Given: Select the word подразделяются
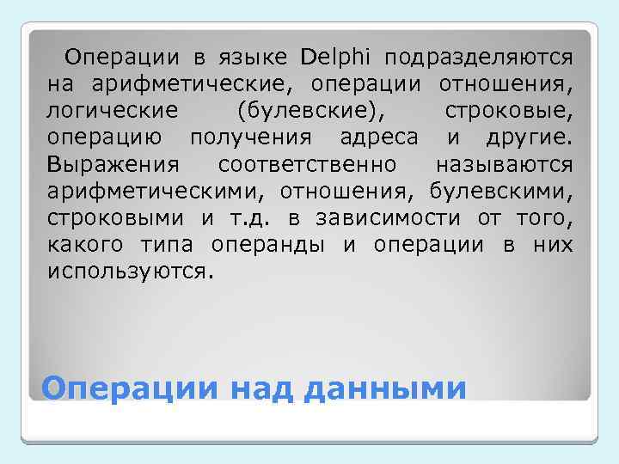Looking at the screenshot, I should pos(478,58).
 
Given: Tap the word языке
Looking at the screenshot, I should pos(254,58).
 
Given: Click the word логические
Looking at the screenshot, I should pos(113,111).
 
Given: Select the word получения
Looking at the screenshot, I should pos(256,137).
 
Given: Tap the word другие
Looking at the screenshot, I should pos(532,137).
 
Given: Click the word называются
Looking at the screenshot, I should pos(504,164).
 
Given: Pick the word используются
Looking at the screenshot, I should pos(129,272).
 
